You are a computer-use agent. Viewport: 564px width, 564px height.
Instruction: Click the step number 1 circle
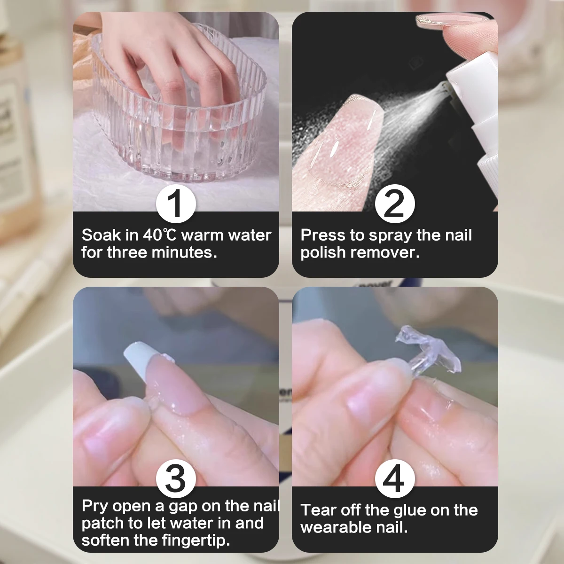coord(176,204)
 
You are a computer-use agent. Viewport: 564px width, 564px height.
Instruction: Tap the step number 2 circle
coord(395,204)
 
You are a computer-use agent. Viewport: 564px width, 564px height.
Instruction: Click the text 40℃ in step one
coord(160,235)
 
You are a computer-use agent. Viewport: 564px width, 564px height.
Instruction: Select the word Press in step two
coord(320,235)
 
